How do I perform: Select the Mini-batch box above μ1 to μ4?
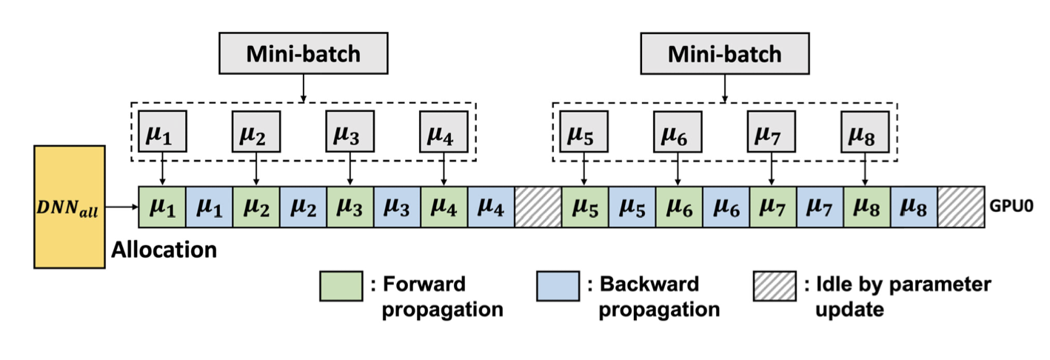303,54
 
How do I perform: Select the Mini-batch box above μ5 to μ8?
723,54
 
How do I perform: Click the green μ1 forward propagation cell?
161,207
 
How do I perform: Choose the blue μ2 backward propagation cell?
303,207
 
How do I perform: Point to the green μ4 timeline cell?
444,207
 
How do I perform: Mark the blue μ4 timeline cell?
491,207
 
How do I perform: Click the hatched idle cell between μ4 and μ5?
538,207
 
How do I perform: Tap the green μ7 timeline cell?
772,207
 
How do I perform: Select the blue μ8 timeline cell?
913,207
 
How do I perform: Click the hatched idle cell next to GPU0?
960,207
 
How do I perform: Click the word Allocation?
164,250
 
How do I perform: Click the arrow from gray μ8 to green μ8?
866,171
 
